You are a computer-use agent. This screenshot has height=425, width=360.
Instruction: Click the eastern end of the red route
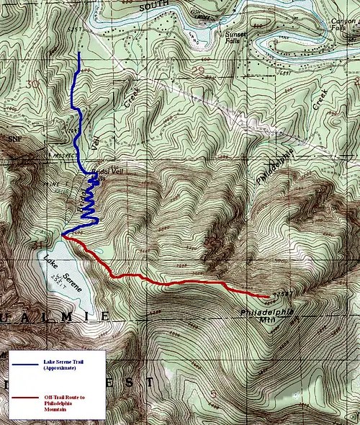267,296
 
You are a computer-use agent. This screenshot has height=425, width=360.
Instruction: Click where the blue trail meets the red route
64,236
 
